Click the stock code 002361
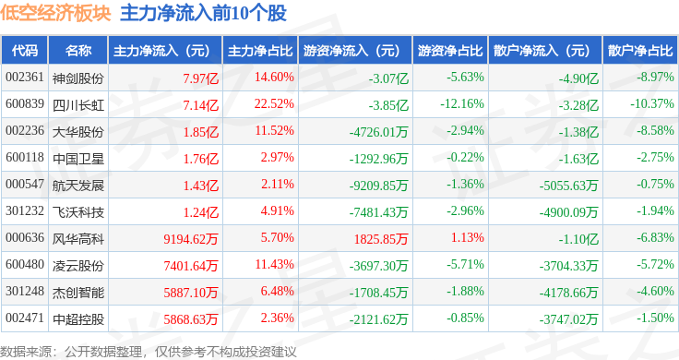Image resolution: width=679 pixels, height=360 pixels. click(x=25, y=78)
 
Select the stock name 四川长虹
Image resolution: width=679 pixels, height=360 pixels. click(x=78, y=105)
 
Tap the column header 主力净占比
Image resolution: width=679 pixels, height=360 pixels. click(x=260, y=51)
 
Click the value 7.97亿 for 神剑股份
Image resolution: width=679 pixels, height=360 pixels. click(x=200, y=78)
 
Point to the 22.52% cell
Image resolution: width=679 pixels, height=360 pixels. click(x=274, y=104)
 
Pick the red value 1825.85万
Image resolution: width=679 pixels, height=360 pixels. click(x=381, y=239)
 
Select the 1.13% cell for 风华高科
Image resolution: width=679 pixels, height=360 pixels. click(x=467, y=238)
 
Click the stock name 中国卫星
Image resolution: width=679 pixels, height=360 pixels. click(x=78, y=159)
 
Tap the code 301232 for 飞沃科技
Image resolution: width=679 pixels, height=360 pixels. click(x=25, y=211)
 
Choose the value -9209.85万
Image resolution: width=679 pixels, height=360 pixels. click(x=379, y=186)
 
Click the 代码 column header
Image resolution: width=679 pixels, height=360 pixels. click(x=25, y=51)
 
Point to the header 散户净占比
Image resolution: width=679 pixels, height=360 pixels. click(x=640, y=51)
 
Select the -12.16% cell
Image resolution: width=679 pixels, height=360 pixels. click(x=462, y=104)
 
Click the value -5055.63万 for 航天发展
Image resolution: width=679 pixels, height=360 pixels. click(x=568, y=186)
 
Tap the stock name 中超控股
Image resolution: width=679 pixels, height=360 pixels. click(x=78, y=319)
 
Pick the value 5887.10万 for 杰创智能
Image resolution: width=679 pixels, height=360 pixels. click(x=191, y=293)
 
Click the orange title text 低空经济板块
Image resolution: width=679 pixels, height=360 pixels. click(x=56, y=14)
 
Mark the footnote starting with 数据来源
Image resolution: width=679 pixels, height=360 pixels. click(x=149, y=352)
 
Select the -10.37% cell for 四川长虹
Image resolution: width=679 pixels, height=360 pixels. click(x=651, y=104)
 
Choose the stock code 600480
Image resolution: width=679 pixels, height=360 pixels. click(x=25, y=264)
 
